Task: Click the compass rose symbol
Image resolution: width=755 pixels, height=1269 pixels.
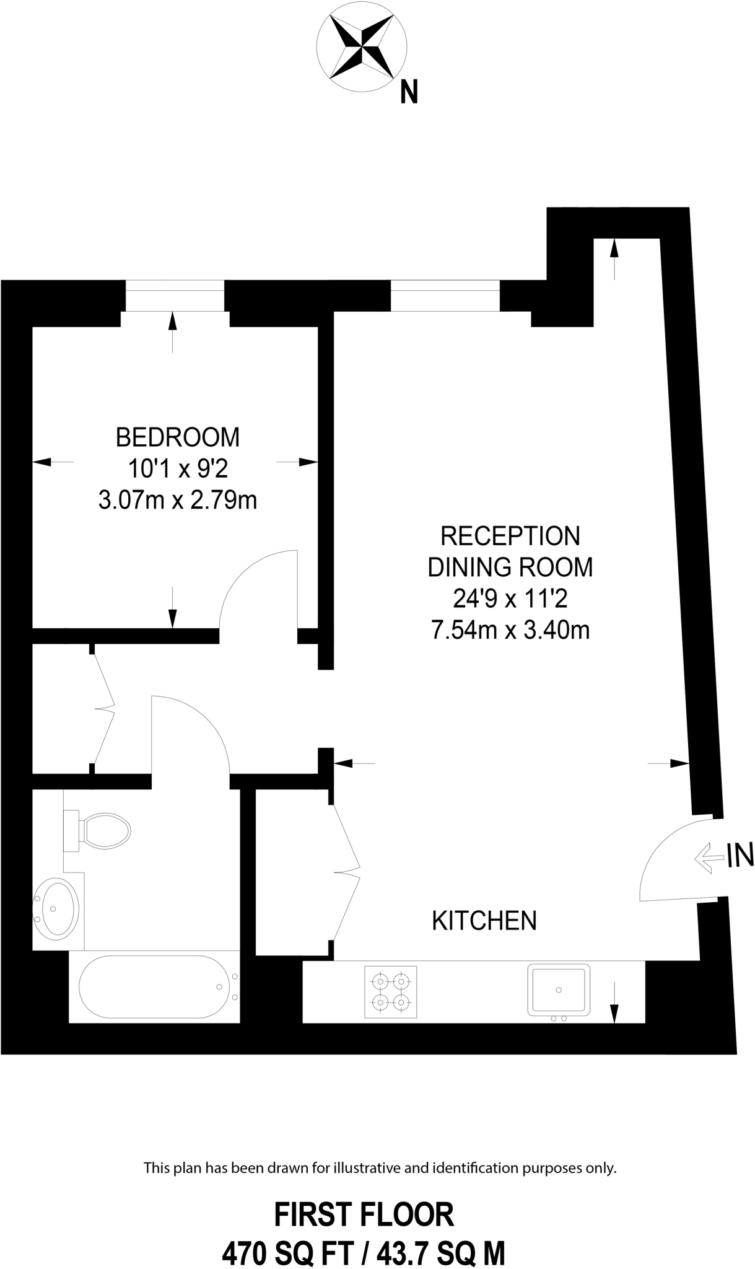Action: point(362,46)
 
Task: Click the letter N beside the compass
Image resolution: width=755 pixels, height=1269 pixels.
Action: point(409,92)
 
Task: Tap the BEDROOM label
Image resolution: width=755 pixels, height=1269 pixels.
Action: point(178,437)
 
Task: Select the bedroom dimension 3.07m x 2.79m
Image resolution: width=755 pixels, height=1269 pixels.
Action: point(178,499)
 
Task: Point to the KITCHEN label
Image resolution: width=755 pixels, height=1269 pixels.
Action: point(484,921)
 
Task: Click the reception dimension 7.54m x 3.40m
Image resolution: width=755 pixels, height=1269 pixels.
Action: point(510,630)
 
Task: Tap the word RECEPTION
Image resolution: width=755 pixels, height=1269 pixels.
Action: point(510,536)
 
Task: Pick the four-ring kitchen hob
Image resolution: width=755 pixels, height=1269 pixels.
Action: point(391,991)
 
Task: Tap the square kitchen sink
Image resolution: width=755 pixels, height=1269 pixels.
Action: point(559,990)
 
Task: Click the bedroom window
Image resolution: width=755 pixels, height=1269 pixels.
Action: point(175,296)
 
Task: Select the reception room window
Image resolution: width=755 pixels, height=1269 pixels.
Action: point(445,296)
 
